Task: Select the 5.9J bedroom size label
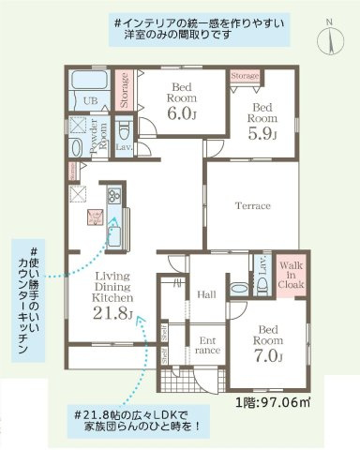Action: click(262, 133)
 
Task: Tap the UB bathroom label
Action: click(92, 101)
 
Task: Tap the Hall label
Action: click(207, 294)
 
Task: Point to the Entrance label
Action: click(208, 346)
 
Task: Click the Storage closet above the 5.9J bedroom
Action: click(245, 74)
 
